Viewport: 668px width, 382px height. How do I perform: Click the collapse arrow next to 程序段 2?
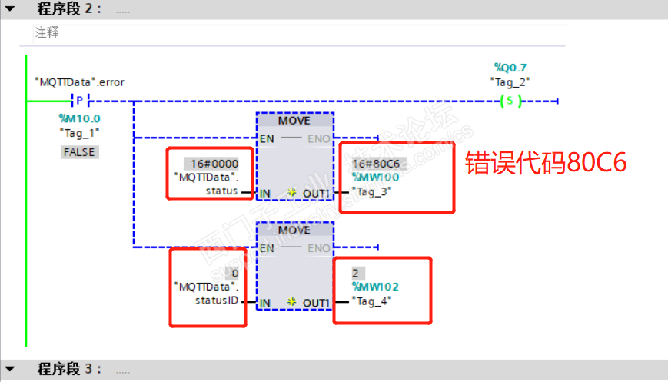pyautogui.click(x=9, y=9)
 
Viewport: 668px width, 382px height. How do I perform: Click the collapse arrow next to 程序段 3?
pyautogui.click(x=9, y=369)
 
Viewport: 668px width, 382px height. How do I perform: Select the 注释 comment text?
pyautogui.click(x=46, y=33)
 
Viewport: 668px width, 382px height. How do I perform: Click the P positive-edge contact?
pyautogui.click(x=80, y=101)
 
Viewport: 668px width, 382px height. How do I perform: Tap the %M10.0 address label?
pyautogui.click(x=80, y=118)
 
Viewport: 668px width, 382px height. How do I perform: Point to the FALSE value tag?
pyautogui.click(x=80, y=152)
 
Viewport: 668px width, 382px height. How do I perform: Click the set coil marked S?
pyautogui.click(x=510, y=101)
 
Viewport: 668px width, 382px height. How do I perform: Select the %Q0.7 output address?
pyautogui.click(x=510, y=68)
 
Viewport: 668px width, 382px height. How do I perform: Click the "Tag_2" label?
pyautogui.click(x=510, y=81)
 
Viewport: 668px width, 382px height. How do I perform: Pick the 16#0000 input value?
pyautogui.click(x=211, y=164)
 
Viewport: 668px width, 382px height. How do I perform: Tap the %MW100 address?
pyautogui.click(x=375, y=178)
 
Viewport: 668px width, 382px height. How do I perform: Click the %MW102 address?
pyautogui.click(x=375, y=287)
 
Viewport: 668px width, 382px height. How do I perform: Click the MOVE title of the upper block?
pyautogui.click(x=294, y=121)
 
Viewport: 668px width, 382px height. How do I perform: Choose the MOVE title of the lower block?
pyautogui.click(x=294, y=230)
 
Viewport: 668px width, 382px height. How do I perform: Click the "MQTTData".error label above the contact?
pyautogui.click(x=79, y=81)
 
